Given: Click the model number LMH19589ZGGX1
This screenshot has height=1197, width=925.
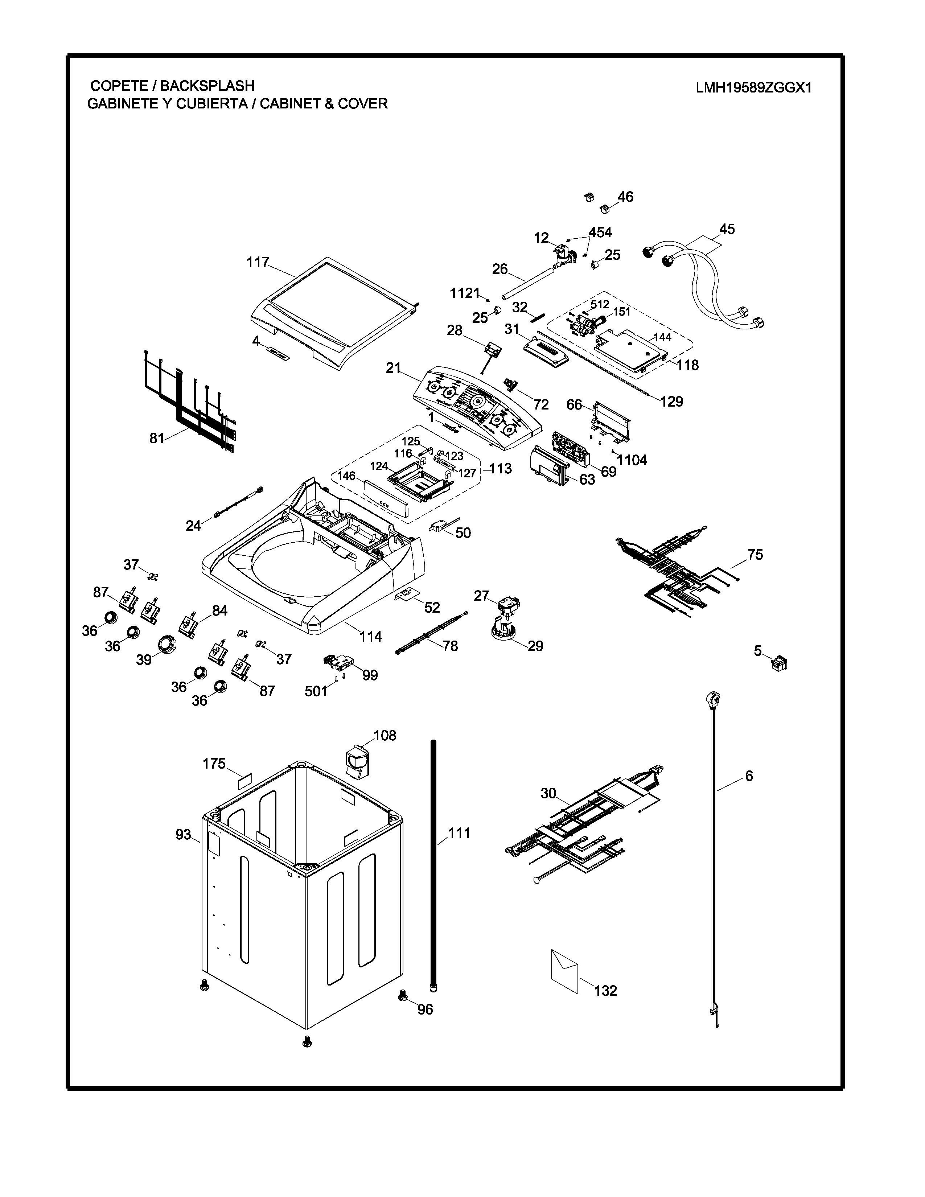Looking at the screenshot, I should [753, 88].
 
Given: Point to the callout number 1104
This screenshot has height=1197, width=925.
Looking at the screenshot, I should [632, 460].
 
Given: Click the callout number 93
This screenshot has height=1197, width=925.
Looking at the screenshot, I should [183, 834].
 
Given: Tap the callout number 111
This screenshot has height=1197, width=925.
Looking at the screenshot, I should [459, 833].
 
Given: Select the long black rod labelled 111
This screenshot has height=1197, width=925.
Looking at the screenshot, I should [434, 866].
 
